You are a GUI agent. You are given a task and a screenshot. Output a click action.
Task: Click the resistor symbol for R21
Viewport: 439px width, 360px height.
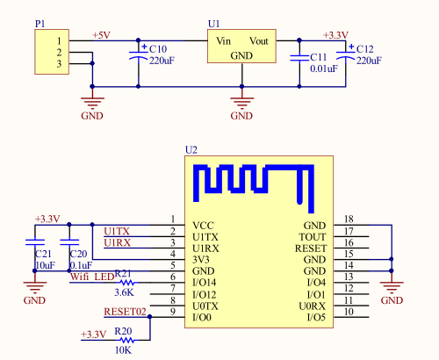(x=127, y=283)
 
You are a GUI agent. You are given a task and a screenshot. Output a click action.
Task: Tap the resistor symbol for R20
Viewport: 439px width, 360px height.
(x=127, y=340)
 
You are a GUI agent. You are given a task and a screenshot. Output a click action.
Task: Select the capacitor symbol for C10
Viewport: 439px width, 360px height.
(x=139, y=55)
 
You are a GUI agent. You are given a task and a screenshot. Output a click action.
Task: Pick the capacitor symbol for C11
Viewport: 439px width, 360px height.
(x=299, y=58)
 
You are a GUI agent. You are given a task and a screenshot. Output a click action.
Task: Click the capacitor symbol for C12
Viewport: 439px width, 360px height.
(x=346, y=55)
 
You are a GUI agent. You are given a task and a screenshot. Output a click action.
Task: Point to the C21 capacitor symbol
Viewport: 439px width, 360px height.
(x=35, y=242)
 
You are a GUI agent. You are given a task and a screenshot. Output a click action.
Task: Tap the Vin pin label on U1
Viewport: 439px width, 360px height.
(x=224, y=41)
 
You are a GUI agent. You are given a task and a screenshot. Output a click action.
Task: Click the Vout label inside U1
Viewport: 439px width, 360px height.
(x=259, y=41)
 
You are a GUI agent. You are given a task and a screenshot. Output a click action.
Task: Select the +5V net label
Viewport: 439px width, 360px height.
(x=101, y=35)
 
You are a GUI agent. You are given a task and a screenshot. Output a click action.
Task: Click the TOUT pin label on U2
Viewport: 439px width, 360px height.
(x=313, y=237)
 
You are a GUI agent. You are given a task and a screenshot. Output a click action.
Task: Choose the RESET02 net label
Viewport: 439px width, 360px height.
(x=125, y=312)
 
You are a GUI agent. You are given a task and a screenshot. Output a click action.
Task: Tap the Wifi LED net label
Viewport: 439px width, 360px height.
(x=92, y=277)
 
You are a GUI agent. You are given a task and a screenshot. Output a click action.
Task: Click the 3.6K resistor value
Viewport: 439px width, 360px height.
(x=124, y=292)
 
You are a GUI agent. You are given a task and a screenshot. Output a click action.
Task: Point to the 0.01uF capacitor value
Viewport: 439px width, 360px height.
(x=324, y=68)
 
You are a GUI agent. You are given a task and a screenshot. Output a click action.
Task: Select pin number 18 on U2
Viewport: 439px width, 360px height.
(x=349, y=219)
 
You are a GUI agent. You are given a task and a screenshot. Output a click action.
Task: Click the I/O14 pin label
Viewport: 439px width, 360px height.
(x=205, y=283)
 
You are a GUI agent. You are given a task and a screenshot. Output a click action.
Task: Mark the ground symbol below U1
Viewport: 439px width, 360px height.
(x=241, y=101)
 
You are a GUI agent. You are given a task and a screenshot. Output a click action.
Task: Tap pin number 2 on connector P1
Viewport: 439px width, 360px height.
(x=59, y=53)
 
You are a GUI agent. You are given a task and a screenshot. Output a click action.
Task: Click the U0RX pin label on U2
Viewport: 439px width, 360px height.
(x=312, y=306)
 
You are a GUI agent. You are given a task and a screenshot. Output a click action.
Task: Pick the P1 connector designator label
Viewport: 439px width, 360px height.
(x=40, y=24)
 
